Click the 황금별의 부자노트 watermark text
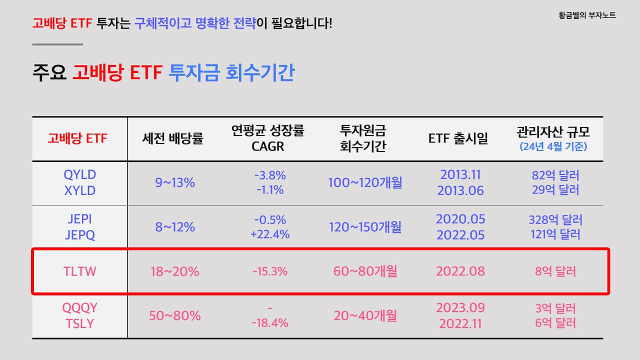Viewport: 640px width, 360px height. point(587,15)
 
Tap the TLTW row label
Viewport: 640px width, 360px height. point(80,271)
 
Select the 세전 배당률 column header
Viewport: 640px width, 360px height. point(173,138)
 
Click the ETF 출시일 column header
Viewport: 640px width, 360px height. point(458,138)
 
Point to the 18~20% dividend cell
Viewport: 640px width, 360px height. point(175,271)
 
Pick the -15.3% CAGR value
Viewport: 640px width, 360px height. point(270,271)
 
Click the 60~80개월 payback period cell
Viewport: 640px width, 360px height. point(365,271)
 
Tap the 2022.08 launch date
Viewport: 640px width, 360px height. point(460,271)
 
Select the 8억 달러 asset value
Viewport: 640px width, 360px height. point(555,271)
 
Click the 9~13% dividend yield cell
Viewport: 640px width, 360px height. point(175,182)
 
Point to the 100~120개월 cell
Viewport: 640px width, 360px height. point(365,182)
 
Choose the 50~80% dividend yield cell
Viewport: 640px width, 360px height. point(175,315)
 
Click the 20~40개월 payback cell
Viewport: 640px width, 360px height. point(365,315)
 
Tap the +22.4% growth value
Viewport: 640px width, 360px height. point(270,234)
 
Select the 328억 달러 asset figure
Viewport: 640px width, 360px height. point(555,220)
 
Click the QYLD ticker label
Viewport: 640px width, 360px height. point(80,175)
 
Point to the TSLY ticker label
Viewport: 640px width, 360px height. point(80,323)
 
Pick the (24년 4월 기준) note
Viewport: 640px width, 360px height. point(553,147)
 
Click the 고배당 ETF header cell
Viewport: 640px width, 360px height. point(77,138)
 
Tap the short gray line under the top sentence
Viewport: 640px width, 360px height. point(57,44)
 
